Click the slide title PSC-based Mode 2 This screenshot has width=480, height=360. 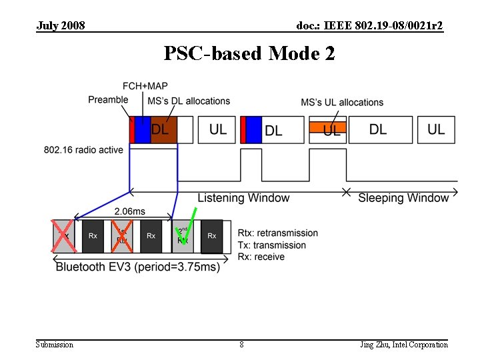pos(249,53)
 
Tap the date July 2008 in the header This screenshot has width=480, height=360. pos(61,25)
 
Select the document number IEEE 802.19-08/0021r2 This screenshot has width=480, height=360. pos(370,25)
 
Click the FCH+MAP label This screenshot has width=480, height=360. pos(145,86)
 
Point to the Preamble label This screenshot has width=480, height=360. pos(108,100)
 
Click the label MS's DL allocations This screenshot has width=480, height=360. pos(189,101)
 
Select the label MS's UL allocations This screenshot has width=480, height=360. pos(342,102)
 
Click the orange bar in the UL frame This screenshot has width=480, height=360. pos(327,126)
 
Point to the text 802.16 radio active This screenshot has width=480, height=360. pos(83,150)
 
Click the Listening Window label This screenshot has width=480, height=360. pos(243,198)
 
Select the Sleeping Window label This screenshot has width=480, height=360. pos(403,198)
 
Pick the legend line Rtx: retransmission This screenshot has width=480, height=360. pos(278,233)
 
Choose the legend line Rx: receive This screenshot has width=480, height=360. pos(261,257)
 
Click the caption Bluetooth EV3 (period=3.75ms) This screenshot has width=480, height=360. pos(137,267)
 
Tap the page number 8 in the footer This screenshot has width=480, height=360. pos(241,345)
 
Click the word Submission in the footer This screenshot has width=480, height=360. pos(55,345)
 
